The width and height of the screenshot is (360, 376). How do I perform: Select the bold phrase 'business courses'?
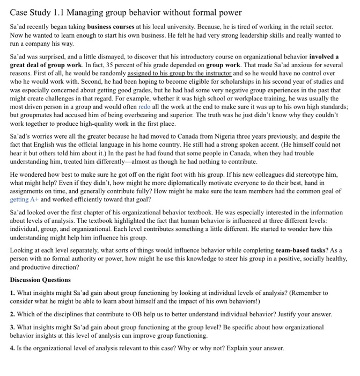pos(112,26)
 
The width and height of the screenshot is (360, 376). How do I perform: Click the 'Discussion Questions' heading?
pos(40,280)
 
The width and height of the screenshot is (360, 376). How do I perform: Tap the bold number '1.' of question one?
pos(13,293)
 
